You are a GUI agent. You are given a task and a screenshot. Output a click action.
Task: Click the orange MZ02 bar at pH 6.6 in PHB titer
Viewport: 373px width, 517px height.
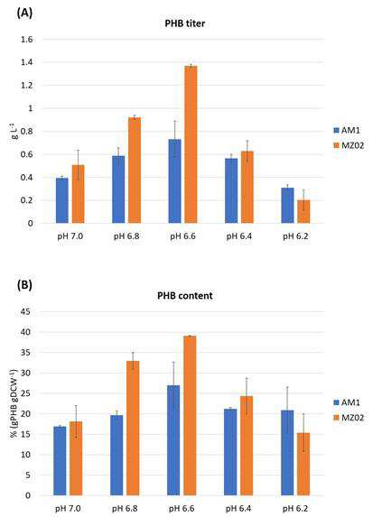tap(191, 144)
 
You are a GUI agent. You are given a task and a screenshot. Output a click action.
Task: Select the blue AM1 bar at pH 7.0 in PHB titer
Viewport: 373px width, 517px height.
tap(62, 200)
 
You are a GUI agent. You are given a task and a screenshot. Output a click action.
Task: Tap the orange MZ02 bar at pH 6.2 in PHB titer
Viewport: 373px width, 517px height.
tap(303, 212)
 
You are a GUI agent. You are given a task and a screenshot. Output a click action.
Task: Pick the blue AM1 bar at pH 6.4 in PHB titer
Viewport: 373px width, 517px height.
tap(231, 191)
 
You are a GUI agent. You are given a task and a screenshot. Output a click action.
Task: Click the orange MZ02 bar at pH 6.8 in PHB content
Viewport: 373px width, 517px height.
tap(133, 428)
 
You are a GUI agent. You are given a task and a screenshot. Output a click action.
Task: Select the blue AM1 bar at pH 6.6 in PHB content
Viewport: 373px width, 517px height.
tap(173, 440)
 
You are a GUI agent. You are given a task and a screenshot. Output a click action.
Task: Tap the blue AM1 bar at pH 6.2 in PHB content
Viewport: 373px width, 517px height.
tap(287, 453)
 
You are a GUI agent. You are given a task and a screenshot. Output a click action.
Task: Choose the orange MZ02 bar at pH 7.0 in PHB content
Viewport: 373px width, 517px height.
tap(76, 458)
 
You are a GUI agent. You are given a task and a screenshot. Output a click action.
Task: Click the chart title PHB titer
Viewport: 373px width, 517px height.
tap(185, 23)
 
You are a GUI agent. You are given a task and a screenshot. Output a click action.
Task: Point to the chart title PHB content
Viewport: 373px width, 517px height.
tap(185, 295)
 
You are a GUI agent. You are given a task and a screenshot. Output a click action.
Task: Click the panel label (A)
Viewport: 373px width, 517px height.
tap(24, 13)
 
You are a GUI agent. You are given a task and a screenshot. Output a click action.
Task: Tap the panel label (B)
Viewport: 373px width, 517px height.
tap(24, 285)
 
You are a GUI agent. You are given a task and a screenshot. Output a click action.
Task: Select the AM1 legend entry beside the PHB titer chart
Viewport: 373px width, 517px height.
tap(347, 130)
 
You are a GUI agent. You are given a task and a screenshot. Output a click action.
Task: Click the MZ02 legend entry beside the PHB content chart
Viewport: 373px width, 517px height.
tap(349, 418)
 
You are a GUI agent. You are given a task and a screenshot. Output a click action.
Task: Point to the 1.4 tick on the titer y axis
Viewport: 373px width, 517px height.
tap(27, 62)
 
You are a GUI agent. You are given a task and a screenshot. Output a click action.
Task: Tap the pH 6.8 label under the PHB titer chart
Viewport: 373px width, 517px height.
tap(126, 236)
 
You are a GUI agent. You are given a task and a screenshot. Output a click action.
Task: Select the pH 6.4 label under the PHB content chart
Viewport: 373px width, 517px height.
tap(238, 508)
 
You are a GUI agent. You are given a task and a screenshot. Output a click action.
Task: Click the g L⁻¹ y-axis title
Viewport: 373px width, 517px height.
tap(15, 131)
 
